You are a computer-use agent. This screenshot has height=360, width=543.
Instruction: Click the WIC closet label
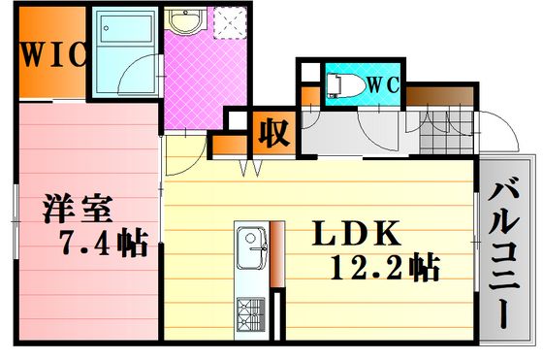[52, 54]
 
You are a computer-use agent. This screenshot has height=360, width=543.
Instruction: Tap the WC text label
[383, 84]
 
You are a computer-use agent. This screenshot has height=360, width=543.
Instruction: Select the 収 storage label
[273, 133]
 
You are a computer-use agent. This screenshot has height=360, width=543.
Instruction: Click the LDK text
[357, 233]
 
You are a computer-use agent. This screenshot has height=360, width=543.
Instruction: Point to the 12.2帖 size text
[385, 268]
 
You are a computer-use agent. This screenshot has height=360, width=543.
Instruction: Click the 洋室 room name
[79, 209]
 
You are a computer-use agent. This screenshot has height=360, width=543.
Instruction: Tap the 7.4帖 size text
[105, 243]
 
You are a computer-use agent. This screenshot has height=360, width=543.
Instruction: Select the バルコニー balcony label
[504, 252]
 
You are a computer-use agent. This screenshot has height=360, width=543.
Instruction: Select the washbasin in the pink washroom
[185, 20]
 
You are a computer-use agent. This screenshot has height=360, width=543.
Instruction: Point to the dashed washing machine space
[230, 23]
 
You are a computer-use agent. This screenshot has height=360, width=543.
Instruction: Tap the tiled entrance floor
[446, 133]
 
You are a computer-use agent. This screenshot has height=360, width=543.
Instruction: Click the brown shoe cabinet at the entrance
[440, 96]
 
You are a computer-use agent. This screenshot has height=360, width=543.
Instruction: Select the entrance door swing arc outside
[505, 126]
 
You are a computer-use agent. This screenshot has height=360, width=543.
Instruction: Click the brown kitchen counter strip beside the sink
[277, 254]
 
